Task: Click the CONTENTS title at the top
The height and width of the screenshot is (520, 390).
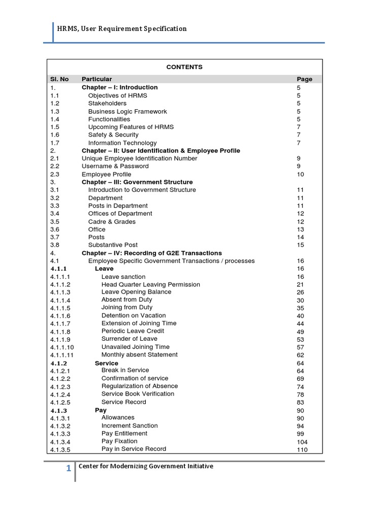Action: click(184, 67)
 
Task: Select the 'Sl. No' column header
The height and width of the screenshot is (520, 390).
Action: click(59, 79)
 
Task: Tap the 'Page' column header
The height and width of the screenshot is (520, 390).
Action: click(305, 79)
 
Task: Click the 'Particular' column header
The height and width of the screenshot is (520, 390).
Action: click(96, 79)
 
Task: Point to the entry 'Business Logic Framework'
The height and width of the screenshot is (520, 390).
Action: click(127, 111)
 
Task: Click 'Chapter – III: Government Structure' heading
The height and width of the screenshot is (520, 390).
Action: click(137, 182)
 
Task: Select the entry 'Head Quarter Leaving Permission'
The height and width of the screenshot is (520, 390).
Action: click(151, 284)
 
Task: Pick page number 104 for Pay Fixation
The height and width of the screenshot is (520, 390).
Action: click(302, 442)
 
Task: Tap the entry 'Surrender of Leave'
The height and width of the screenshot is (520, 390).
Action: click(129, 339)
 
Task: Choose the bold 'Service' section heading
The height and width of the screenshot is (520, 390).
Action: click(106, 363)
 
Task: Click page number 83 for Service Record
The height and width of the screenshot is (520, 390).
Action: click(301, 402)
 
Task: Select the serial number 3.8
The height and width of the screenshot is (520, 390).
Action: click(55, 245)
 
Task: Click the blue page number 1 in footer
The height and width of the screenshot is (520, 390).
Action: click(69, 468)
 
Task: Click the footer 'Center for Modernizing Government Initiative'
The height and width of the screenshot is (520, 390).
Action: click(146, 466)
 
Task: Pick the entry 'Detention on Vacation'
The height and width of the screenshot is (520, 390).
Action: click(134, 315)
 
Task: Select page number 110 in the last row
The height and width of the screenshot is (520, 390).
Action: click(302, 449)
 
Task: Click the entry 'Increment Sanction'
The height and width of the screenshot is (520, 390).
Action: click(129, 426)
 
